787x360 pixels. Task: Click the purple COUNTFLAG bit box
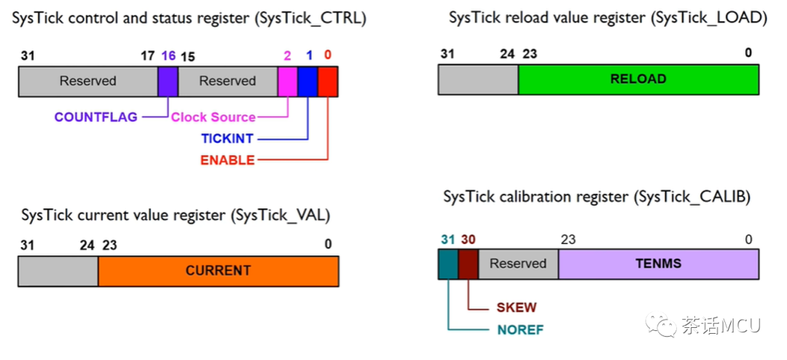click(168, 82)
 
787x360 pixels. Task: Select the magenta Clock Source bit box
click(288, 82)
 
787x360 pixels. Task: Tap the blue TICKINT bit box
click(308, 82)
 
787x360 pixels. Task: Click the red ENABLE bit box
click(328, 82)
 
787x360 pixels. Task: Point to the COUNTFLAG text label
click(95, 117)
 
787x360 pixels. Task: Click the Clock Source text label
click(213, 117)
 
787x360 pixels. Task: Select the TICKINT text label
click(227, 138)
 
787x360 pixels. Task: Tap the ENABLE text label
click(227, 160)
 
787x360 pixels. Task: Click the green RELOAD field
click(638, 79)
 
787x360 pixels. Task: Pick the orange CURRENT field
click(218, 271)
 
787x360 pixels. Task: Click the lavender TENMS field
click(658, 264)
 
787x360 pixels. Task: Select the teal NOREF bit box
click(447, 264)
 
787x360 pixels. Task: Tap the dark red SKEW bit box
click(468, 264)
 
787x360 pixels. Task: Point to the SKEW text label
click(516, 308)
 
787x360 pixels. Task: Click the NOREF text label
click(520, 329)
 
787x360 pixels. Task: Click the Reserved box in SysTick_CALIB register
click(517, 264)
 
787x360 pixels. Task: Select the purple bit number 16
click(168, 56)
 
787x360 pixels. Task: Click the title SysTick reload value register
click(608, 18)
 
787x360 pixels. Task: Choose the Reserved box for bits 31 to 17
click(87, 82)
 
